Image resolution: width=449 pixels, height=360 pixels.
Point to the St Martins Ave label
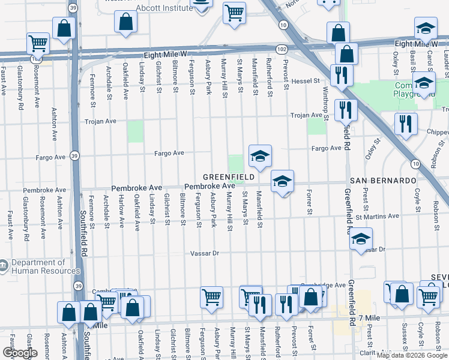[377, 216]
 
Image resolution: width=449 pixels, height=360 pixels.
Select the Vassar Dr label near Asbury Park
[205, 253]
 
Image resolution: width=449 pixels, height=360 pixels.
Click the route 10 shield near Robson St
[415, 163]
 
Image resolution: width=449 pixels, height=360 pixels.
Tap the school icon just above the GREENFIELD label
[260, 156]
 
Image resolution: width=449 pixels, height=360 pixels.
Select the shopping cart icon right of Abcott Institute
[234, 11]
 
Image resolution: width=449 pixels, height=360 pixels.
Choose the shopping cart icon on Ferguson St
[211, 297]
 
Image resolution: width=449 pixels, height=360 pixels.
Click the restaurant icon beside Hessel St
[341, 74]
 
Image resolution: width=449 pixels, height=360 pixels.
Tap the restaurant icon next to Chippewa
[406, 124]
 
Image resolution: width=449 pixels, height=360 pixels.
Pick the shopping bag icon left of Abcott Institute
[127, 22]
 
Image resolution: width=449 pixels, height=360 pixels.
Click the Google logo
[20, 353]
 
